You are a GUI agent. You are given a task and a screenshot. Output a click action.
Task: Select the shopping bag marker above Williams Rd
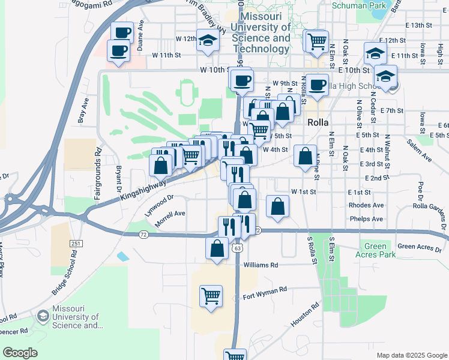coord(217,248)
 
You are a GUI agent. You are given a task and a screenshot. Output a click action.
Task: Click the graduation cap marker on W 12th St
coord(208,41)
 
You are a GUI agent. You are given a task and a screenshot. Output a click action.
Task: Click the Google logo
coord(20,353)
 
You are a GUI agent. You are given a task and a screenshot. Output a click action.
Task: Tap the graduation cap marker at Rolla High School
coord(385,76)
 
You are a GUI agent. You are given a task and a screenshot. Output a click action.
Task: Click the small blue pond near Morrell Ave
coord(123,256)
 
